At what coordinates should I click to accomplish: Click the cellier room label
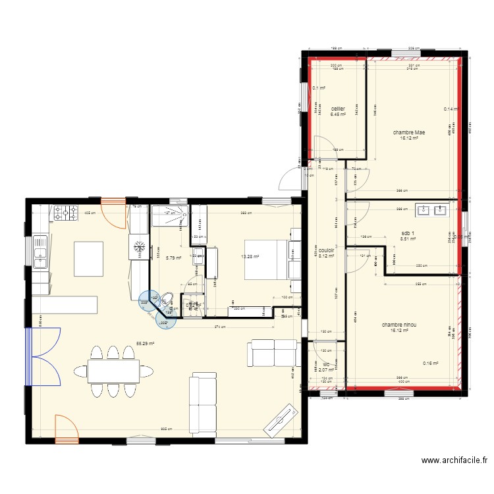338,109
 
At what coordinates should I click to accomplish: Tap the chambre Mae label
409,132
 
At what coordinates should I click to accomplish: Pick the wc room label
325,364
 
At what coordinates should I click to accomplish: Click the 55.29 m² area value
146,343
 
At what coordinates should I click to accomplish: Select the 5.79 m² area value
173,258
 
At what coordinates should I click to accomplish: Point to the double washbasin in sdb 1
431,211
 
